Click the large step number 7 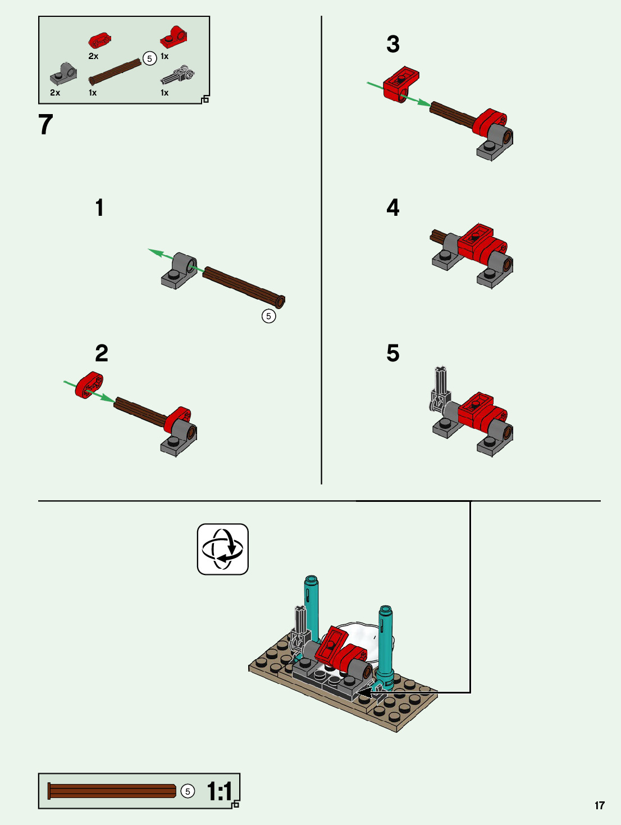point(45,124)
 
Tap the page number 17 point(600,805)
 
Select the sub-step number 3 point(392,44)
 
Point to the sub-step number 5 point(392,353)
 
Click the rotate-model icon point(223,549)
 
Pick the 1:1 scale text point(220,791)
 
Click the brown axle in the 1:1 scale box point(112,791)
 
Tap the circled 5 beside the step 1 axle point(268,316)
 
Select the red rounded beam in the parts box point(99,40)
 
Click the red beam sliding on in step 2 point(89,385)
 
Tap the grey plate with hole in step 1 point(179,271)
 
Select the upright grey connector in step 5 point(440,389)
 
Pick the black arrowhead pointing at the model point(364,692)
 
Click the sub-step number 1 point(99,207)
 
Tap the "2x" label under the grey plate point(55,93)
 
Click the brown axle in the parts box point(115,71)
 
